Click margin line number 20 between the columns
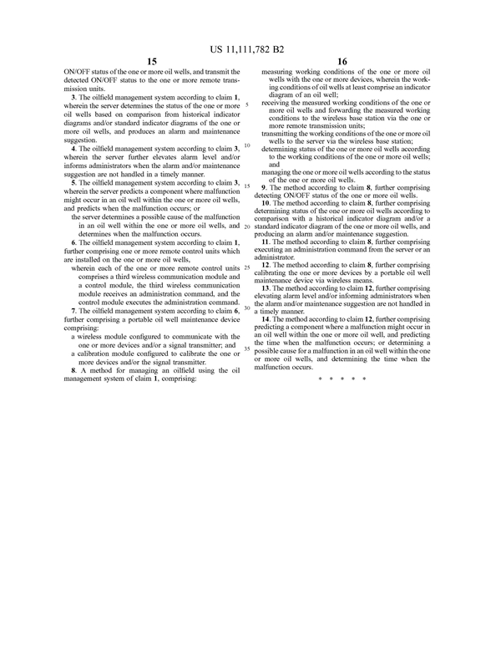(x=248, y=226)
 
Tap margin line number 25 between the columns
(x=247, y=267)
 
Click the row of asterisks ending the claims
(x=342, y=379)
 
